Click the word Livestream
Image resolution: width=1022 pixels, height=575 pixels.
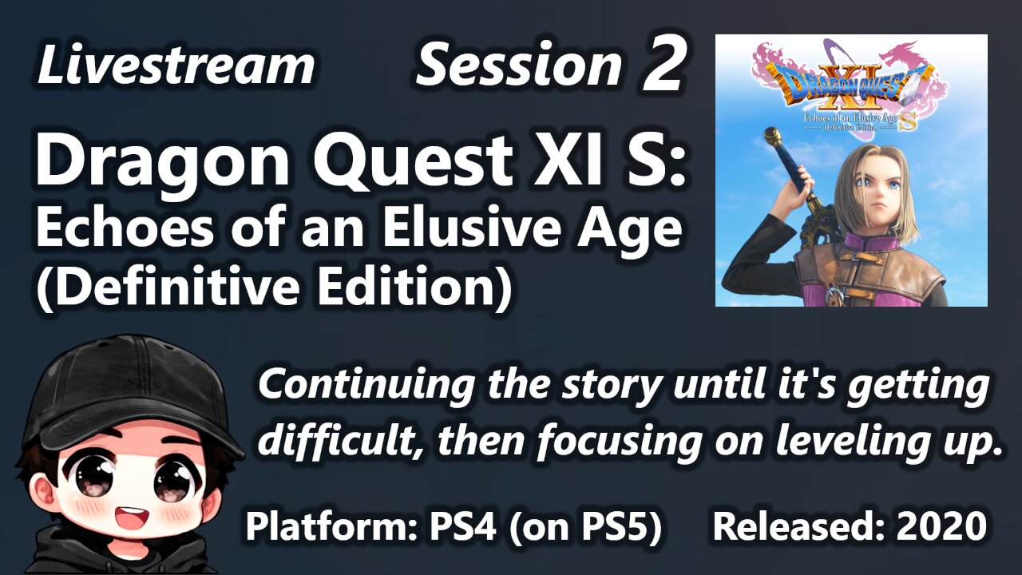click(176, 64)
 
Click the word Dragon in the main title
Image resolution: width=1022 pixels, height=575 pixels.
click(163, 161)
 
